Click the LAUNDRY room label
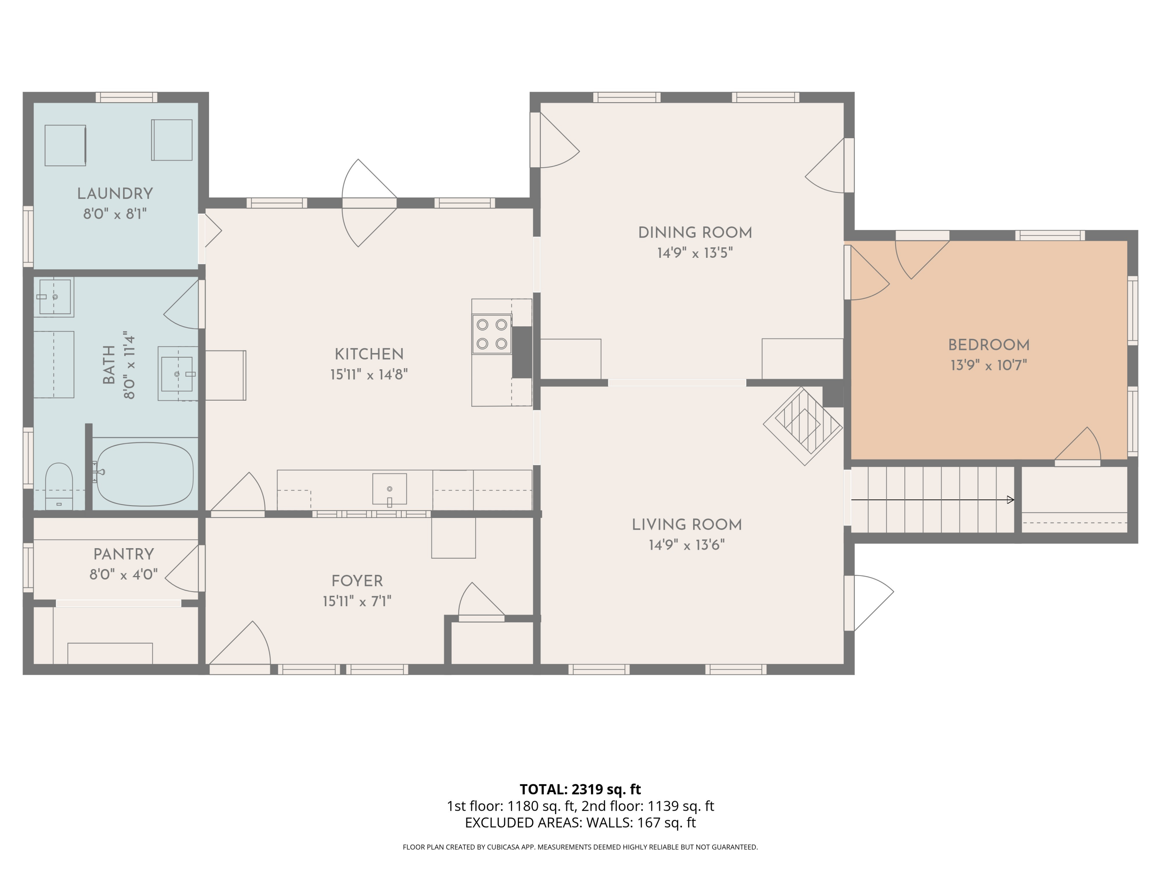pos(115,194)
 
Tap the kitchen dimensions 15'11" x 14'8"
pos(369,374)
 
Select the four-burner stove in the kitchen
pos(491,334)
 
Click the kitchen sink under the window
pos(389,489)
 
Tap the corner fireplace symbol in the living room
pos(803,426)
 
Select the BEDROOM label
pos(988,345)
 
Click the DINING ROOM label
pos(695,233)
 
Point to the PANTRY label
pos(123,554)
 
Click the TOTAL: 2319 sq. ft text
pos(580,789)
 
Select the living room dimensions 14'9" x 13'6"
pos(687,545)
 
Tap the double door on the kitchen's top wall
pos(369,203)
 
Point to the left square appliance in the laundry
pos(65,146)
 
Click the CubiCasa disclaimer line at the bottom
pos(580,847)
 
